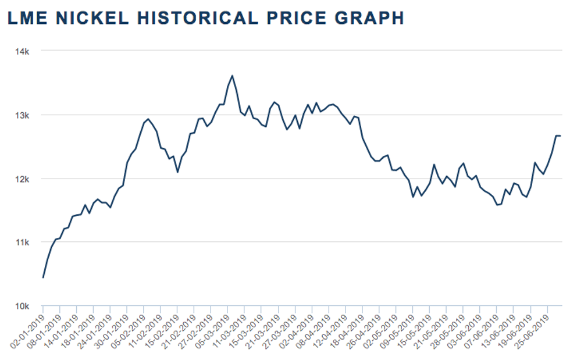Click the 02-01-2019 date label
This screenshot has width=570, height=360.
coord(29,332)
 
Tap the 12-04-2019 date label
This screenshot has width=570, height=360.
coord(332,332)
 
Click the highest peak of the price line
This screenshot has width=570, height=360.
coord(232,76)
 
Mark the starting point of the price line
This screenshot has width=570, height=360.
coord(43,277)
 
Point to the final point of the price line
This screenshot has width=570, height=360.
coord(560,136)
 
